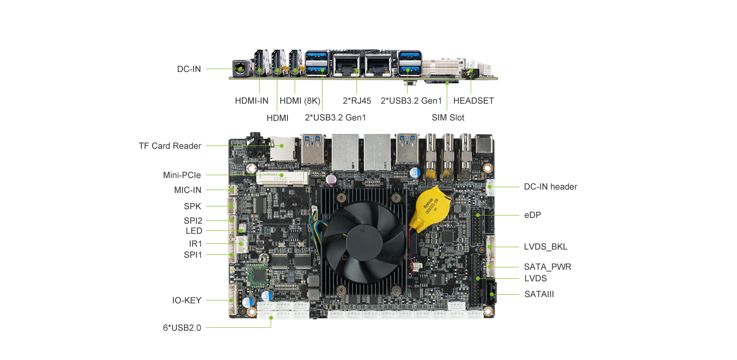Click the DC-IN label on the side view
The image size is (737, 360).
(189, 69)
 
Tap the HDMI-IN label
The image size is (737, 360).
(252, 101)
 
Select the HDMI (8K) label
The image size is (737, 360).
(300, 101)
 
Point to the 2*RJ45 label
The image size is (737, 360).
(357, 101)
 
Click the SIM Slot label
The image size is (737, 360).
(448, 118)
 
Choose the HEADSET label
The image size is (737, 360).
(474, 101)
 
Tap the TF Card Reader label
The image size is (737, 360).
(170, 146)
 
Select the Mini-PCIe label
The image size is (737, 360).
(182, 175)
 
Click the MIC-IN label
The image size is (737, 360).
(188, 190)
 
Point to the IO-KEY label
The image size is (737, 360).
(187, 300)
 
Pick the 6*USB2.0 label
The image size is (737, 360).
(182, 328)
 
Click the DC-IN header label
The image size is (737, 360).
(550, 187)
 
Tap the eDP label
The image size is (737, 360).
(532, 215)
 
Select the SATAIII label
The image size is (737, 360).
(539, 294)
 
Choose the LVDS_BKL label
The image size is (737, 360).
(546, 247)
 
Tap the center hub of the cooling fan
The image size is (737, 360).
(364, 242)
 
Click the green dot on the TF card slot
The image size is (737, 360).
(282, 146)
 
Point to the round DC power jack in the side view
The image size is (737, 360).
(240, 69)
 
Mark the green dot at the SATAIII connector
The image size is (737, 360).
(492, 294)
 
